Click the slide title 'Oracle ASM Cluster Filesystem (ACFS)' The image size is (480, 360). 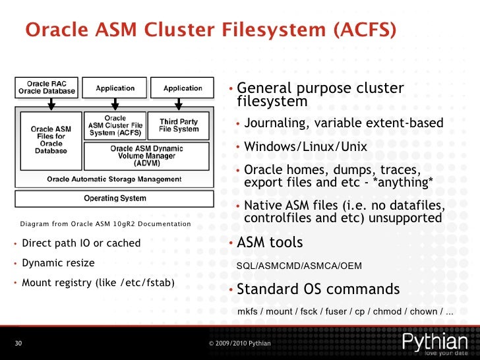pos(210,30)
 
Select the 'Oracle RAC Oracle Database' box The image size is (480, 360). pos(47,87)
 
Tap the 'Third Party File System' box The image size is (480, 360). pos(179,125)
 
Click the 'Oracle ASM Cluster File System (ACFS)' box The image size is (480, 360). pos(115,125)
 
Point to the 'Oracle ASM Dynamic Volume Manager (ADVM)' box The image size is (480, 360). pos(146,156)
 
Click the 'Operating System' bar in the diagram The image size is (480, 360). pos(115,198)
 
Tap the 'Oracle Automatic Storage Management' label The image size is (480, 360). pos(114,179)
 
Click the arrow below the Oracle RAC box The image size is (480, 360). pos(51,104)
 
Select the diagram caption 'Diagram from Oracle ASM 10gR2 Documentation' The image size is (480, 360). pos(105,225)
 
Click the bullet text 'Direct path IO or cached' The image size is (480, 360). pos(81,243)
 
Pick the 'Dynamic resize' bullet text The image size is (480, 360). pos(58,263)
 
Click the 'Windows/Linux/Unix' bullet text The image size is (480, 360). pos(305,146)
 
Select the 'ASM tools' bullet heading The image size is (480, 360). pos(270,243)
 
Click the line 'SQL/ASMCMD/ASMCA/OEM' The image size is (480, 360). pos(299,266)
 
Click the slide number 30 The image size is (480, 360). pos(18,344)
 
